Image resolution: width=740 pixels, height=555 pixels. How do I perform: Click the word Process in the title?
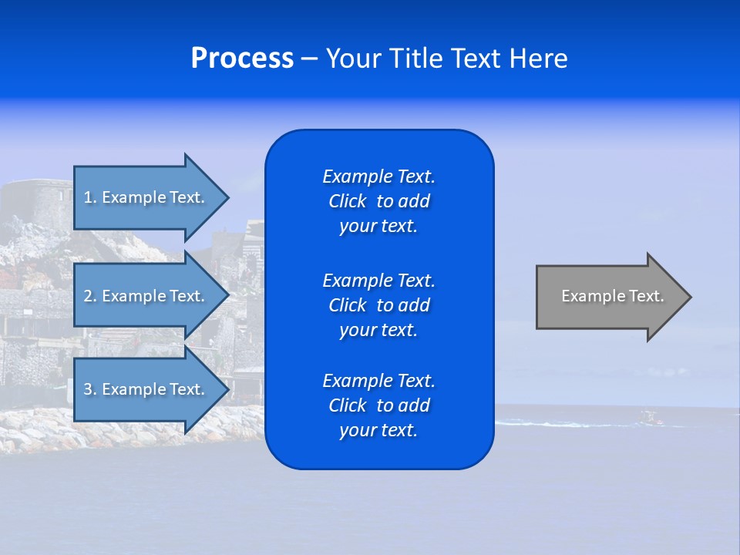point(242,59)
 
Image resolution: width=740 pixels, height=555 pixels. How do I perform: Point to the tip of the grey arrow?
point(689,297)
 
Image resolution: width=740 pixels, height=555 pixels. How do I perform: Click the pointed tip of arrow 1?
point(227,197)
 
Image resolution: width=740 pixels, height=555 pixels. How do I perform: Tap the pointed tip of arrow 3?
point(227,389)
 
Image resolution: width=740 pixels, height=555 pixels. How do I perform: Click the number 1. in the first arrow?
point(89,197)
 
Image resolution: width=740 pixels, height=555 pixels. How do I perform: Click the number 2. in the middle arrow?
point(89,296)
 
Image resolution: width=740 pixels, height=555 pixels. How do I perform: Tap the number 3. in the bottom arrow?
point(89,389)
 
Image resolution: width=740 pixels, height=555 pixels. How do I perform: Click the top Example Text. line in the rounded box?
point(378,177)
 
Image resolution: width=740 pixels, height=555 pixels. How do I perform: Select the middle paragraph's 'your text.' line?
point(378,330)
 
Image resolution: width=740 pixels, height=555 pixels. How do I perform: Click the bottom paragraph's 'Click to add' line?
point(378,405)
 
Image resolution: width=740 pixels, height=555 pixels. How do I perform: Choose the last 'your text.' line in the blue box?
point(378,430)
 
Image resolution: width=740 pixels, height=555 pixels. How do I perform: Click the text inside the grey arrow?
point(612,296)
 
